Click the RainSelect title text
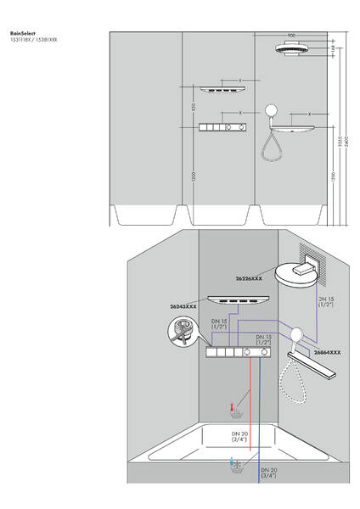[x=20, y=34]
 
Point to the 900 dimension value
[x=292, y=35]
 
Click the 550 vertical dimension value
[x=194, y=107]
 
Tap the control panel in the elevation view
[x=225, y=127]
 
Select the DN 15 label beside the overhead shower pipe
[x=324, y=303]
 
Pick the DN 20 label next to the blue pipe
[x=267, y=473]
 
